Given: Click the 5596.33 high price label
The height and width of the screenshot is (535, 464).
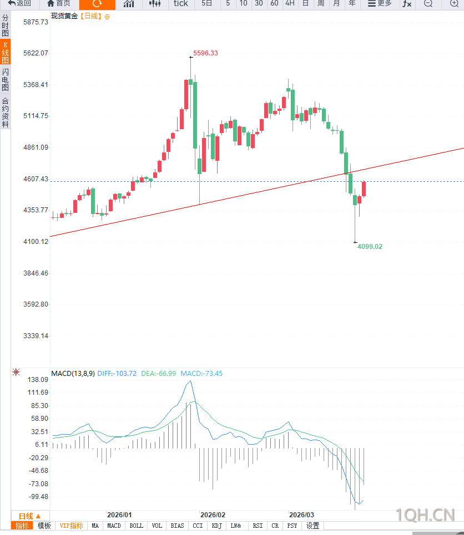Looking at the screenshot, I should pos(205,53).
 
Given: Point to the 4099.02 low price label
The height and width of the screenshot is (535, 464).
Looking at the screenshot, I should pos(370,246).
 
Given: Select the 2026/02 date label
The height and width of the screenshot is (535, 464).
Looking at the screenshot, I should pos(213,515).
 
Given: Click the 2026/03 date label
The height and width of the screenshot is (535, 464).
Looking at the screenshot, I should pos(301,515).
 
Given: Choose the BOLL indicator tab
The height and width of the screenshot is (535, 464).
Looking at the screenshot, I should pos(136,526).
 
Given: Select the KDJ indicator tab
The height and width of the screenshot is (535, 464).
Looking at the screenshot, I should pos(216,526).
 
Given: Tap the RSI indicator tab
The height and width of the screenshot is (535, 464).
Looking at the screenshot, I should pos(258,526).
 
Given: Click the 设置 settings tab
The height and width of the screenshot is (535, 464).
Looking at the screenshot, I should pos(313,526).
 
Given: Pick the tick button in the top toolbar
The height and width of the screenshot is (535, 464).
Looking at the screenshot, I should pos(181,4).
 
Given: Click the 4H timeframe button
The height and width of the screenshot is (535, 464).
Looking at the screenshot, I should pos(290,4).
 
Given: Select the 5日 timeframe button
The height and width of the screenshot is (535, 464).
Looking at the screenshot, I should pos(207,4).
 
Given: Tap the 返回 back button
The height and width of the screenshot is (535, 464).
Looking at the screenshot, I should pos(19,4).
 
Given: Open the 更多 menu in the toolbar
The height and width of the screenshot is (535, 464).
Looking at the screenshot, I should pos(380,4).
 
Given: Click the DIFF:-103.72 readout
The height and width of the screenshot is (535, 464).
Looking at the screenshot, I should pos(117,374).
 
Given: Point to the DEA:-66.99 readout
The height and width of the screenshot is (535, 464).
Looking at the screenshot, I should pos(158,374).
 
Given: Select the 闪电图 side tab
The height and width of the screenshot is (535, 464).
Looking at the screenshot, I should pos(5,80).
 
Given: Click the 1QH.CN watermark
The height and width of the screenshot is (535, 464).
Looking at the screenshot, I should pos(425,515).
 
